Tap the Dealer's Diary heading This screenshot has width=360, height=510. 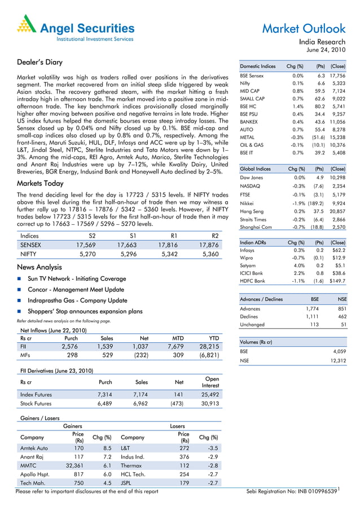click(40, 62)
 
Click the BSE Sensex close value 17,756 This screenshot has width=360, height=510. click(336, 75)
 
